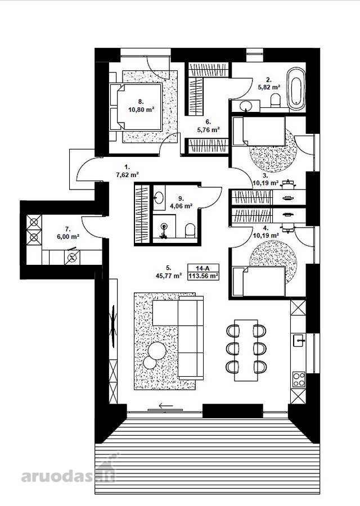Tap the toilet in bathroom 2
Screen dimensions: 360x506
(x=276, y=100)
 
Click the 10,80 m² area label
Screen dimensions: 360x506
(x=141, y=110)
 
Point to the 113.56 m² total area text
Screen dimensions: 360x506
(x=204, y=276)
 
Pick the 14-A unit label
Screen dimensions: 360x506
(x=202, y=268)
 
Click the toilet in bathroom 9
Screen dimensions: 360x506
(x=190, y=231)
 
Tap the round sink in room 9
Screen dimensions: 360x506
(x=158, y=197)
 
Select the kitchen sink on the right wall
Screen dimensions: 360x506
(x=299, y=340)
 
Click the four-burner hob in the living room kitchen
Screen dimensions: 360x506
(x=299, y=379)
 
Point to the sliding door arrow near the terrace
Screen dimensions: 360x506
(x=166, y=405)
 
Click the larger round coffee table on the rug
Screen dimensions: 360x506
(x=157, y=350)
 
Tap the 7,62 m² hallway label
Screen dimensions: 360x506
(x=127, y=175)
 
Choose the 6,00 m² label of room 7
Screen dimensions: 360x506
(x=68, y=237)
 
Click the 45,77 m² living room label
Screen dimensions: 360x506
(x=169, y=275)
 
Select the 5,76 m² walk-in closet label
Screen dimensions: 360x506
(x=208, y=130)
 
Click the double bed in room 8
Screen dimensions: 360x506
(x=136, y=106)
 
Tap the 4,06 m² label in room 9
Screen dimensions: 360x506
(x=181, y=206)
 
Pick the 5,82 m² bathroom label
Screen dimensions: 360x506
(x=269, y=87)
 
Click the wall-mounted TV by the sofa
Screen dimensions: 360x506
(x=113, y=326)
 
